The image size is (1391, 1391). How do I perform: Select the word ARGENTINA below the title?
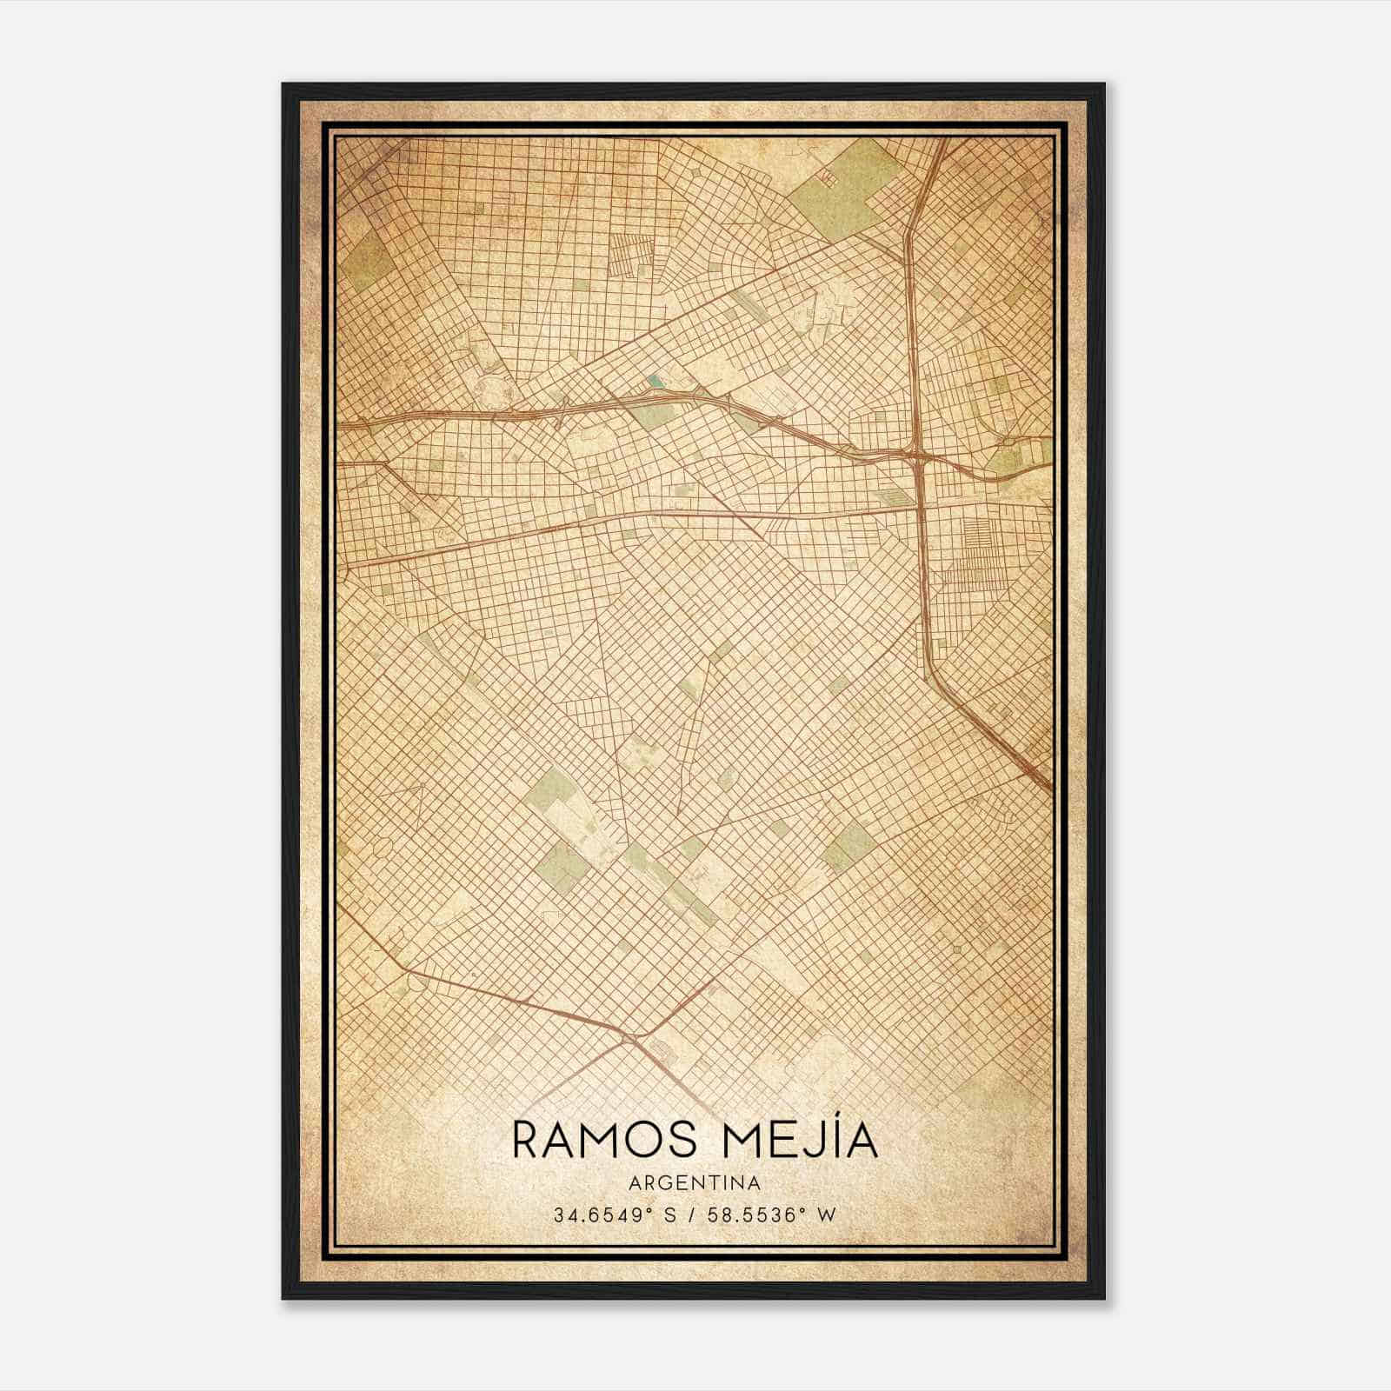[695, 1183]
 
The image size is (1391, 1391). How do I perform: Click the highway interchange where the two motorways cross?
[916, 455]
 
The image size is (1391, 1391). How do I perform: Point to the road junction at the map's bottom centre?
[628, 1038]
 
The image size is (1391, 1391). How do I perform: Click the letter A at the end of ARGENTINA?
[755, 1183]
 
